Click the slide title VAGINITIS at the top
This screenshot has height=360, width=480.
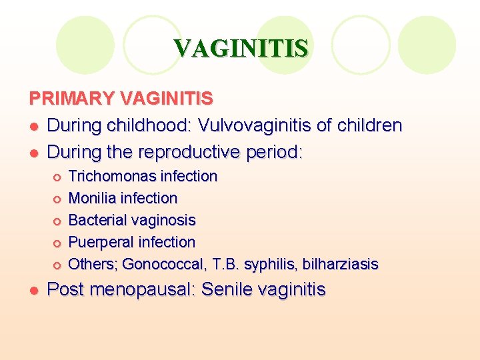tap(241, 49)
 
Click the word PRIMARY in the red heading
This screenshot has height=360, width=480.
tap(72, 99)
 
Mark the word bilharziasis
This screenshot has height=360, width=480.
tap(340, 265)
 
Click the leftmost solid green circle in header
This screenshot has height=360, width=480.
tap(85, 45)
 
